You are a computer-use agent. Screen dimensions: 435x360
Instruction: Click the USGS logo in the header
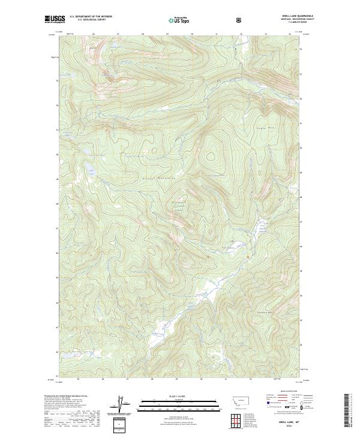pyautogui.click(x=55, y=19)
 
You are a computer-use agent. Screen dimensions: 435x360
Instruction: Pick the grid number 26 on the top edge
pyautogui.click(x=94, y=34)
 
